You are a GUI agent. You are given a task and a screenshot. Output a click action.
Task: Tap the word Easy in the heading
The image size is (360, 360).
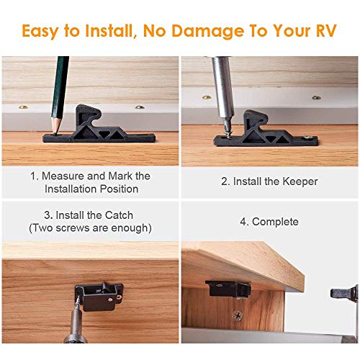click(42, 31)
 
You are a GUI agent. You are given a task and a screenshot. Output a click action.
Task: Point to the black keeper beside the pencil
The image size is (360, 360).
click(98, 126)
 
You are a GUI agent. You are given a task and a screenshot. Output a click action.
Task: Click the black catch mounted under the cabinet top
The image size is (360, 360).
click(228, 288)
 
